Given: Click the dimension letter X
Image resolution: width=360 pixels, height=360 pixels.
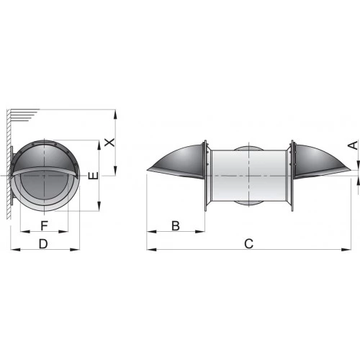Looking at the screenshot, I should tap(109, 142).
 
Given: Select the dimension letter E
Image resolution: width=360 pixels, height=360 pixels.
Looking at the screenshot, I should tap(90, 176).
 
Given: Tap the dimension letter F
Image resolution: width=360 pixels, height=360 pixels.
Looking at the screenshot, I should tap(44, 225).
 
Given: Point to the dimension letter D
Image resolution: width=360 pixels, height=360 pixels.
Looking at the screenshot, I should tap(43, 244).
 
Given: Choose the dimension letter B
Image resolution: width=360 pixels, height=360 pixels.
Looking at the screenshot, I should tap(176, 225).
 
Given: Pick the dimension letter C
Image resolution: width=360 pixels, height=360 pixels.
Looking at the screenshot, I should tap(248, 244).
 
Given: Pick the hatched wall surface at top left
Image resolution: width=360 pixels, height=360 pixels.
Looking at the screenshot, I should tap(22, 115).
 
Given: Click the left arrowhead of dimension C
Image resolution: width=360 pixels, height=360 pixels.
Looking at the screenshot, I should tap(149, 250).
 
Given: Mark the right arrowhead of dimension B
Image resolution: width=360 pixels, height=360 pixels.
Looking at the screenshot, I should tap(202, 231).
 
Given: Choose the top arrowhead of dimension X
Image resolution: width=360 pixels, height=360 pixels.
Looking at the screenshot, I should tap(114, 113).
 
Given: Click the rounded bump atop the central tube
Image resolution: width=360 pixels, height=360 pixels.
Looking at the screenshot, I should tap(248, 148).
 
